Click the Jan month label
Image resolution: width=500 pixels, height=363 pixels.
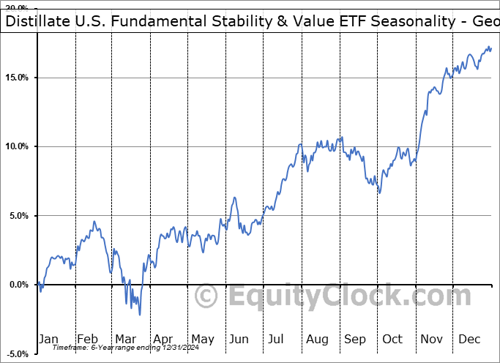tap(49, 339)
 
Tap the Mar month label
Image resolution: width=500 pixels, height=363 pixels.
tap(125, 339)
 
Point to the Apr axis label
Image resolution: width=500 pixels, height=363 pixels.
tap(163, 339)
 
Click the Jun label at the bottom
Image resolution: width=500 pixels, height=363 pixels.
tap(239, 339)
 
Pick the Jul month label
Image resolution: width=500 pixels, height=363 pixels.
tap(277, 339)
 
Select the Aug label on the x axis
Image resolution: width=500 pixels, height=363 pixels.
tap(316, 339)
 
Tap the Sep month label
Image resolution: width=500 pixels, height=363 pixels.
tap(354, 339)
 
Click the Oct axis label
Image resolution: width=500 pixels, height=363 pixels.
tap(392, 339)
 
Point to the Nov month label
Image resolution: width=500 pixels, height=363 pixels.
tap(431, 339)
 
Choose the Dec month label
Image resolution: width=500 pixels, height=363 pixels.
tap(469, 339)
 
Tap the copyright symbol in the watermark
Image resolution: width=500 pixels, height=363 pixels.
tap(207, 298)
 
